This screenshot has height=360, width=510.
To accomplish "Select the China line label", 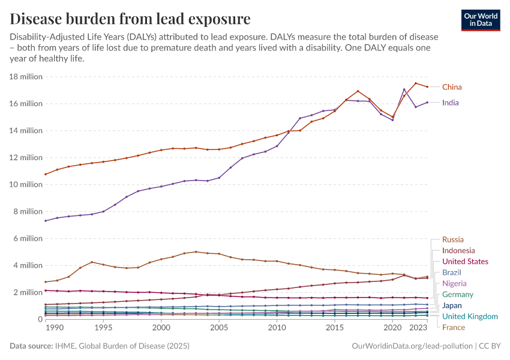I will (452, 87).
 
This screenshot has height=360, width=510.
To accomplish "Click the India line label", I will (450, 103).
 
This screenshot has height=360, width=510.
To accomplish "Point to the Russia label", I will (452, 239).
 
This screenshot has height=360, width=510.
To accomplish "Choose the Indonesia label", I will (458, 250).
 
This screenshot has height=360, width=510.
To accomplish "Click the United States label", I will (465, 262).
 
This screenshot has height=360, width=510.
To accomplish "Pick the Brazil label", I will (452, 272).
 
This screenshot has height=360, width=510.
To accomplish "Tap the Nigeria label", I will (454, 283).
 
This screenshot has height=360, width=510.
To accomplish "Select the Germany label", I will (457, 295).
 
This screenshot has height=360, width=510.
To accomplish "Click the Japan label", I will (452, 305).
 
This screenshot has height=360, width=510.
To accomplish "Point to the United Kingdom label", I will (469, 316).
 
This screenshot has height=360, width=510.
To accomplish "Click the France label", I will (453, 328).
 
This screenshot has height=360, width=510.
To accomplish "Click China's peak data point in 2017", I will (358, 91).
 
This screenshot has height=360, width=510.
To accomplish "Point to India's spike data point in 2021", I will (404, 89).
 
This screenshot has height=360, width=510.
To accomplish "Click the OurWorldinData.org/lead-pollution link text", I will (411, 346).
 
